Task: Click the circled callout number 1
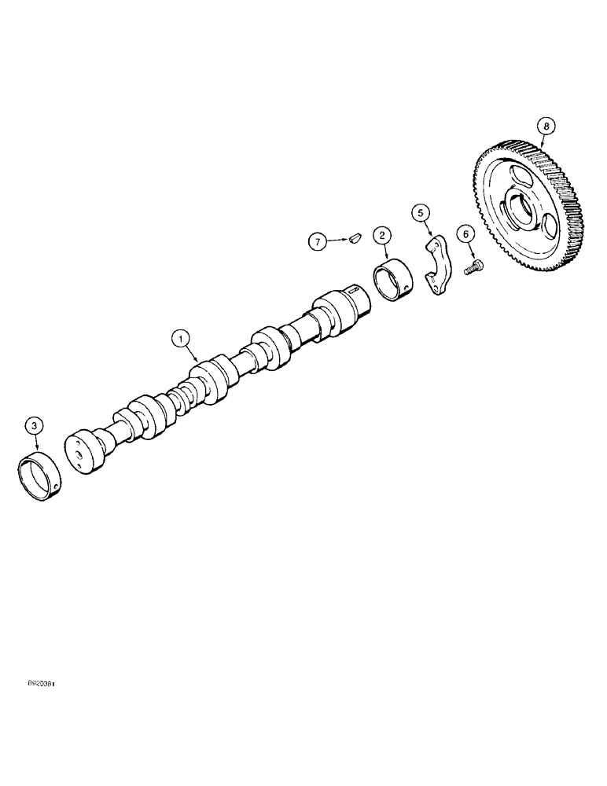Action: tap(182, 339)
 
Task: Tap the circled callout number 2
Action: tap(381, 234)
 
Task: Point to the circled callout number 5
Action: tap(421, 212)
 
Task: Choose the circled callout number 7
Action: tap(318, 241)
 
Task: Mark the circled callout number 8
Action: tap(545, 125)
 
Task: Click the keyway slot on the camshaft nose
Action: tap(359, 293)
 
